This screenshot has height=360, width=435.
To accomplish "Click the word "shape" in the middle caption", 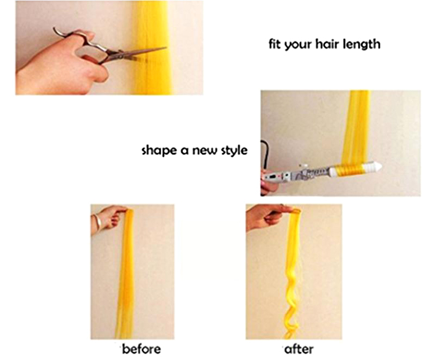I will pos(158,151).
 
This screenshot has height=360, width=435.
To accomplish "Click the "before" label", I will pos(142,349).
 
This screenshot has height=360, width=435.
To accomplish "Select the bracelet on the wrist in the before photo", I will pos(96,221).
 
